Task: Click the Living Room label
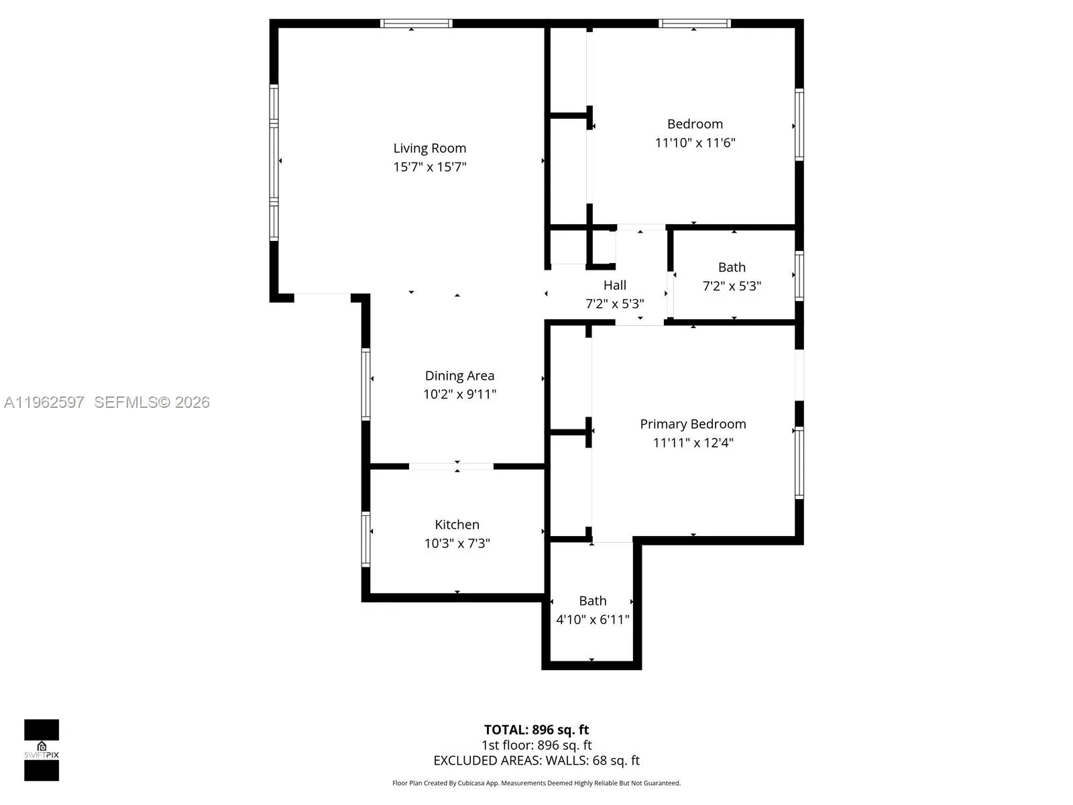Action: (429, 148)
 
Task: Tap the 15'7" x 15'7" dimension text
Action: (429, 167)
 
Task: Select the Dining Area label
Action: (459, 376)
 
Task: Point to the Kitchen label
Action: (457, 525)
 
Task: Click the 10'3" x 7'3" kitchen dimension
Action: (457, 543)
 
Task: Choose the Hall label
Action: (614, 285)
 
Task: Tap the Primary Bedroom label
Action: (693, 424)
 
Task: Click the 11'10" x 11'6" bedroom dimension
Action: (695, 143)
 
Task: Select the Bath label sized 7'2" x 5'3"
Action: (732, 267)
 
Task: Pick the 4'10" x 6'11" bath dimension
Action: (592, 620)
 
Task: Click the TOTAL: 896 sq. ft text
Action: (536, 730)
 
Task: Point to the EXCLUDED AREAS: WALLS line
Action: (536, 761)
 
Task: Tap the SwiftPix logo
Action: (42, 750)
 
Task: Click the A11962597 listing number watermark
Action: (44, 402)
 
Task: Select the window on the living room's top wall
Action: (416, 23)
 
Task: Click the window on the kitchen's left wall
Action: (365, 539)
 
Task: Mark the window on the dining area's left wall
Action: (365, 384)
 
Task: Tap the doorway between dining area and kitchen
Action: (451, 466)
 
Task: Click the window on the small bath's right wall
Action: (799, 275)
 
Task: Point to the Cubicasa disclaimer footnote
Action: (536, 783)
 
